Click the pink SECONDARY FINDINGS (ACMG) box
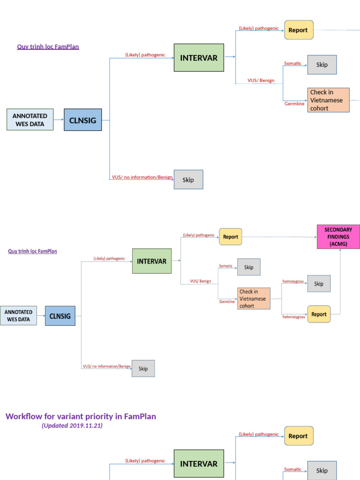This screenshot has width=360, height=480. pos(338,237)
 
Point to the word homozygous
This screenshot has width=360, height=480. pos(293,281)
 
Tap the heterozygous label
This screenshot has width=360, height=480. pos(293,317)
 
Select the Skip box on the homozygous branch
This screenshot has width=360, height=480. pos(319,284)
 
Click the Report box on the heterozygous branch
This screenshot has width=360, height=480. pos(319,314)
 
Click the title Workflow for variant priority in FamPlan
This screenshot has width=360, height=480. pos(81,416)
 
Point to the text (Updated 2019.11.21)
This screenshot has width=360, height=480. pos(72,426)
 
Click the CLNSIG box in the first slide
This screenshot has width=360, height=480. pos(82,120)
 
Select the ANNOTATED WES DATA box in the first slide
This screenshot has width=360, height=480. pos(30,120)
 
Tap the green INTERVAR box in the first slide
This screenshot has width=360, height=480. pos(199,58)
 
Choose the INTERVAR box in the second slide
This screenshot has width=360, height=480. pos(151,261)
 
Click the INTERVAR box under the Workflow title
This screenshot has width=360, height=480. pos(199,464)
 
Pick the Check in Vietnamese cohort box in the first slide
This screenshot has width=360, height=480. pos(329,100)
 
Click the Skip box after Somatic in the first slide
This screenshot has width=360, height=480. pos(322,65)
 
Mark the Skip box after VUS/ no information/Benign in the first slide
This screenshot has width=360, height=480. pos(188,180)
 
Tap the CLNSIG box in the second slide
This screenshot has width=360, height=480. pos(60,316)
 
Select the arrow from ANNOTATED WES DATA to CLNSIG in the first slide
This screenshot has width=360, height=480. pos(59,120)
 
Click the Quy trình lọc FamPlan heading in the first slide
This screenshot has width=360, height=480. pos(48,46)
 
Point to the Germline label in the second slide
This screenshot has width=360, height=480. pos(227,302)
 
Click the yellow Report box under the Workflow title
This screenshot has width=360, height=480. pos(299,436)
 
